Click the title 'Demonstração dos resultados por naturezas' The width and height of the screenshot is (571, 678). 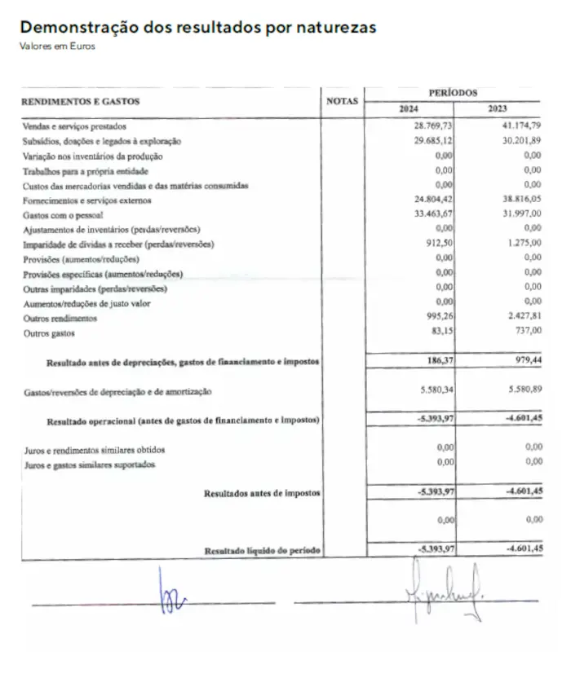198,28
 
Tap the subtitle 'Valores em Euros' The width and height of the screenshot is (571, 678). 57,46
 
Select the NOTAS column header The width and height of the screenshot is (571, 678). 342,101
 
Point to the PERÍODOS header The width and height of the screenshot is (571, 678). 453,93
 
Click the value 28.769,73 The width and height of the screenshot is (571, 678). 434,126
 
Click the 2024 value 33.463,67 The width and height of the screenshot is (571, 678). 434,214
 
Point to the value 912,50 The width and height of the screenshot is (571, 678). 440,244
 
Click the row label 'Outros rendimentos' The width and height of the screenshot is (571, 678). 60,318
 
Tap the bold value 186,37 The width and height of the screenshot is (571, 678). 439,359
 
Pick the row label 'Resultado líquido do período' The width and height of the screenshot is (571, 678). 262,552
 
